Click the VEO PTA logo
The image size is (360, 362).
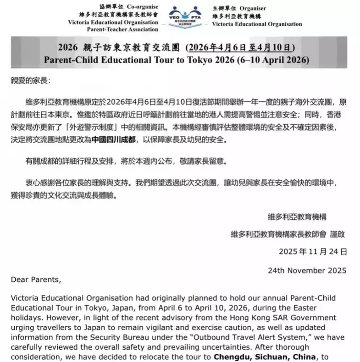pos(186,18)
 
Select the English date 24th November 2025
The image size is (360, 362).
pos(307,270)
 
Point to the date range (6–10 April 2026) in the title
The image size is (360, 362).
pos(274,60)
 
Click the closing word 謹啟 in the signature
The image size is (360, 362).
pos(338,234)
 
